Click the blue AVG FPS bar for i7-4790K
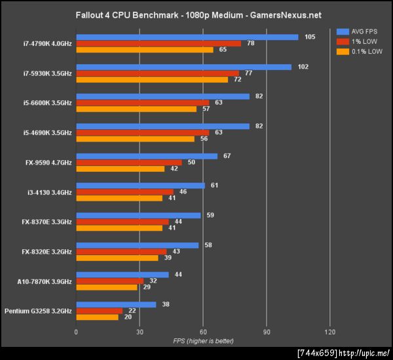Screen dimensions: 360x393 click(x=187, y=37)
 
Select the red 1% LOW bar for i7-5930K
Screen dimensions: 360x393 click(x=157, y=73)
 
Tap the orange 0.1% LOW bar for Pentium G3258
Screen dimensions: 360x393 click(x=98, y=317)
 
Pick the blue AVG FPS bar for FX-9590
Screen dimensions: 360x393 click(x=147, y=156)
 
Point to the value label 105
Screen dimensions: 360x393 click(x=310, y=37)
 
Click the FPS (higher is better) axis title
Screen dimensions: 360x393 click(x=203, y=341)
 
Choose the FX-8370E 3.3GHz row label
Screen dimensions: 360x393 click(x=47, y=222)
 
